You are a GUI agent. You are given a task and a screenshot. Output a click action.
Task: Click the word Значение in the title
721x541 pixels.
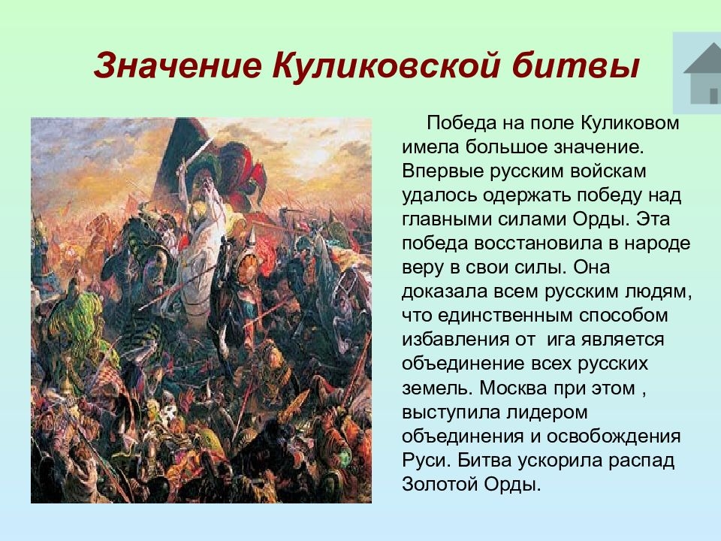coord(177,66)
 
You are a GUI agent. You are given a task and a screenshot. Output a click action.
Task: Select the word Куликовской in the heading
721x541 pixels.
coord(385,66)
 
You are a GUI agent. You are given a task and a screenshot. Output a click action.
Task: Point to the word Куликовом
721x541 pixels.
coord(629,123)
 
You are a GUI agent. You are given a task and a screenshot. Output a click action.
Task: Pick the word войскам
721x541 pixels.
coord(608,171)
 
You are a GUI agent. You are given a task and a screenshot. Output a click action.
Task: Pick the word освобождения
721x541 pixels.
coord(614,436)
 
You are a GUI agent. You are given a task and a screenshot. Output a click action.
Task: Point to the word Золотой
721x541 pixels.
coord(440,484)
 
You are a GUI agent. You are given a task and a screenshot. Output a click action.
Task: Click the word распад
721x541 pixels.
coord(641,460)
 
